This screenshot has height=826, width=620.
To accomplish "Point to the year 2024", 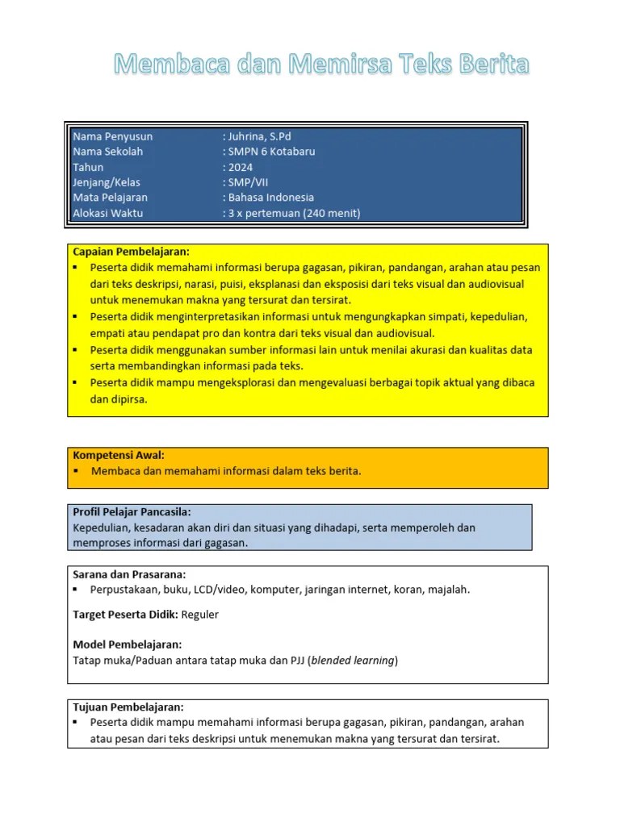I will [240, 167].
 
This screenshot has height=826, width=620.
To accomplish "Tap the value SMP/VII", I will [253, 182].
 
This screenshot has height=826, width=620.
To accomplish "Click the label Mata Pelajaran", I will [110, 198].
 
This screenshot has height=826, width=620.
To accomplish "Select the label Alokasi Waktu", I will [108, 213].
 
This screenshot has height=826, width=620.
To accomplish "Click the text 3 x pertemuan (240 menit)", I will [293, 213].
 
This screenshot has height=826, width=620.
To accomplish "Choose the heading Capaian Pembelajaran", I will [131, 252].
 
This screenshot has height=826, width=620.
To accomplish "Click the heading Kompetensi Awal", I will [118, 455].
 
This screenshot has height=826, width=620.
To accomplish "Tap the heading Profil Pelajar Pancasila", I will [132, 512].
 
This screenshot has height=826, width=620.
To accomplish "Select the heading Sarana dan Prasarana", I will [129, 574].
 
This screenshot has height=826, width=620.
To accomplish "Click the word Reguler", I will [200, 615].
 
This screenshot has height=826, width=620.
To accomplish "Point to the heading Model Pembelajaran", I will [127, 645].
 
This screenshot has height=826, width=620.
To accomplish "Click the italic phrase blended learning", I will [353, 661].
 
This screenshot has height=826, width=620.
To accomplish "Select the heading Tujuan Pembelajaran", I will [128, 707].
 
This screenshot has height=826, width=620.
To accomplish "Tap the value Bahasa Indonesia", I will [270, 198].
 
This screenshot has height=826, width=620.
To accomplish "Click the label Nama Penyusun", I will [112, 136].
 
